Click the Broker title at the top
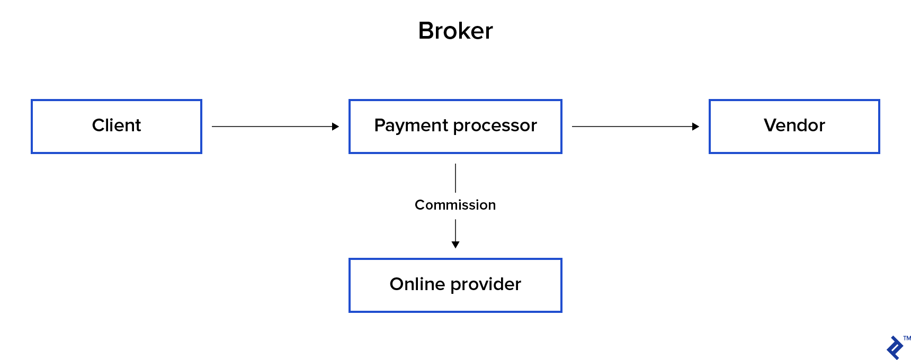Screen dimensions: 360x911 tap(455, 31)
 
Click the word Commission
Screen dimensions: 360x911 tap(455, 205)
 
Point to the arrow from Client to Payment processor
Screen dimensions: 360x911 tap(273, 127)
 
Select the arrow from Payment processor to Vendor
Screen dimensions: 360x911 tap(633, 127)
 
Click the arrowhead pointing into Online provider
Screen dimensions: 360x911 tap(455, 245)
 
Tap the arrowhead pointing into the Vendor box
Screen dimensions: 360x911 tap(695, 127)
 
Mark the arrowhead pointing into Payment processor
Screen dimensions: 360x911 tap(335, 127)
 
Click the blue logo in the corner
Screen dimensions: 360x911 tap(896, 348)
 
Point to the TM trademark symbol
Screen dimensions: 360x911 tap(907, 338)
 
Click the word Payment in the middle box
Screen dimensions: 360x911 tap(412, 125)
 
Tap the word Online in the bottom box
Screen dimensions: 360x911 tap(417, 284)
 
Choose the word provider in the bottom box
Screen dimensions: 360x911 tap(486, 285)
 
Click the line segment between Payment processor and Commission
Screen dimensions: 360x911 tap(455, 178)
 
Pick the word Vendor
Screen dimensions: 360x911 tap(794, 125)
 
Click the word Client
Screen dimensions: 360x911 tap(117, 125)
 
